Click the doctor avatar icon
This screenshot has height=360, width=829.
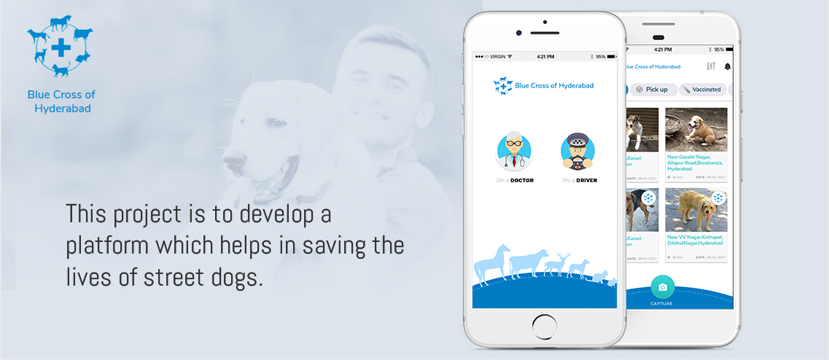click(515, 151)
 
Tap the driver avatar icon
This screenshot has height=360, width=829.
click(578, 151)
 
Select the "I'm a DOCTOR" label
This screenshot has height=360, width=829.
click(515, 180)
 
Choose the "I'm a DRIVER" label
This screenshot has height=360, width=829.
click(578, 180)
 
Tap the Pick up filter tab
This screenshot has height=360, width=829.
click(652, 90)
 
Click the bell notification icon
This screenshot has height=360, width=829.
click(727, 67)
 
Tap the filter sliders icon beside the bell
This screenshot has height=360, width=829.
click(711, 66)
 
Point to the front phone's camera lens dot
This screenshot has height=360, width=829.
click(518, 33)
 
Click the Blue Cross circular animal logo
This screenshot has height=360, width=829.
click(61, 48)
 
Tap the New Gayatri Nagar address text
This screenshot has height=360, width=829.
click(695, 162)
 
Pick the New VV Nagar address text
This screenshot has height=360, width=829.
click(695, 240)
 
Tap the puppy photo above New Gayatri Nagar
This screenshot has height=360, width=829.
click(696, 129)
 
